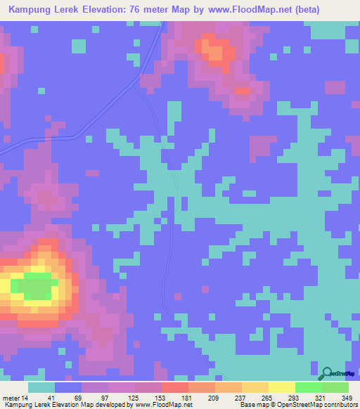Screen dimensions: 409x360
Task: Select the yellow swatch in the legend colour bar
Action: point(281,387)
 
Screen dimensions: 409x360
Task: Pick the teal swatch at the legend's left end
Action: point(41,387)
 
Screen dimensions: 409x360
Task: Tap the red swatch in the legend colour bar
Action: point(174,387)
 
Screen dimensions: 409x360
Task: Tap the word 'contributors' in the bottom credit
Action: point(336,405)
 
